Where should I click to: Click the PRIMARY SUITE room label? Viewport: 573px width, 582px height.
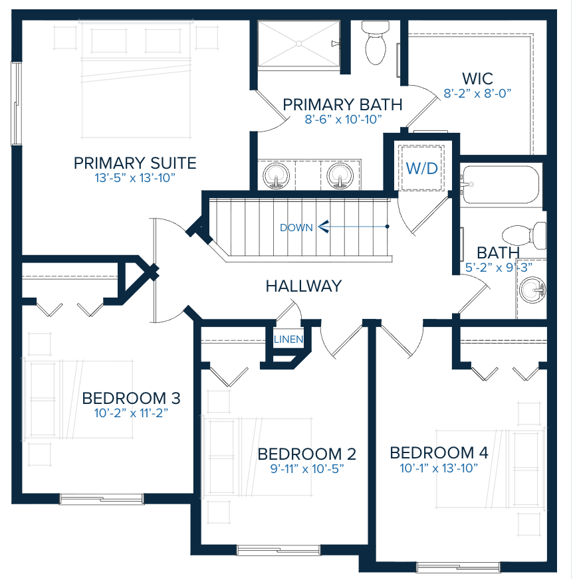135,163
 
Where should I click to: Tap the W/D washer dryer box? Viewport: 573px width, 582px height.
422,168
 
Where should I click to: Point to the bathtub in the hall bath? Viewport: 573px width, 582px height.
500,184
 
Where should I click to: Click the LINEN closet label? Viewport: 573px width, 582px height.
288,340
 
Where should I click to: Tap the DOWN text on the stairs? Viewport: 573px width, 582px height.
296,227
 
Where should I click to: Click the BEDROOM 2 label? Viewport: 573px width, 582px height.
306,454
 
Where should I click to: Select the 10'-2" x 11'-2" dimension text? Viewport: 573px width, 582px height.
131,413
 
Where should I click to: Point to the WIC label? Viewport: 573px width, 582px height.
477,78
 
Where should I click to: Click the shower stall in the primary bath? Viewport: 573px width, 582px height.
298,44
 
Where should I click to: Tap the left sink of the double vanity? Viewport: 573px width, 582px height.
278,175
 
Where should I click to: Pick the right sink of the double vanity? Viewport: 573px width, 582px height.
339,175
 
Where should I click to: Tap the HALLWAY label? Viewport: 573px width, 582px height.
303,286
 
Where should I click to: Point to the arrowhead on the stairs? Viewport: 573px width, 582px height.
323,227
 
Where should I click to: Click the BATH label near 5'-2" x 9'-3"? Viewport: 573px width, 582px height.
498,252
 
